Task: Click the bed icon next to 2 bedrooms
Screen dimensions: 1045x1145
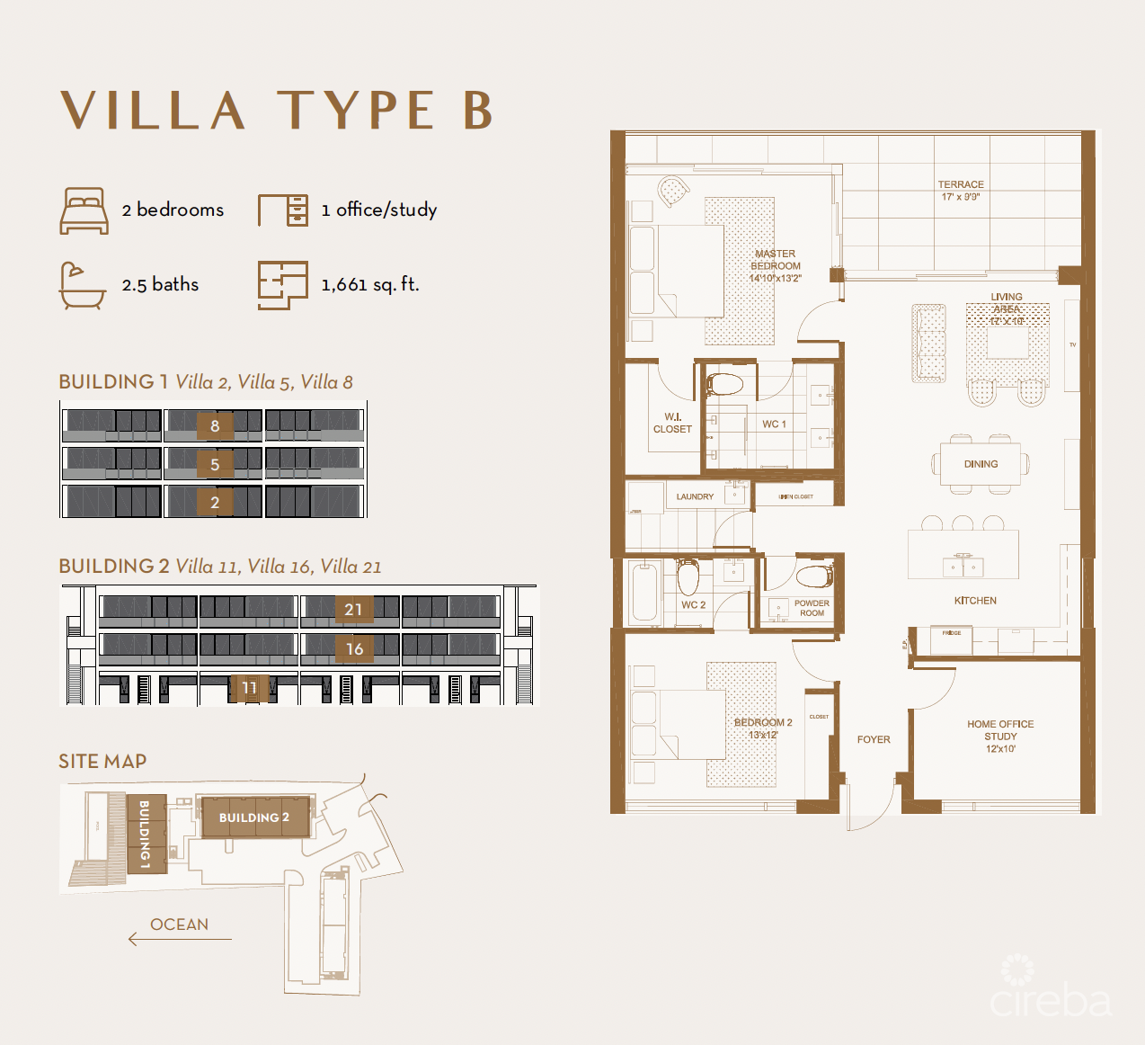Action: pos(84,210)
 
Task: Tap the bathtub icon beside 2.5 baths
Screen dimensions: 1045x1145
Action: pos(82,285)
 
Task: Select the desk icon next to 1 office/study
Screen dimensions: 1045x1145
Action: pos(283,210)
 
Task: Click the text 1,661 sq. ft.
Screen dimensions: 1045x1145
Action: pos(370,285)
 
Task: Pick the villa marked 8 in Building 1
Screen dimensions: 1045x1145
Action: pos(215,425)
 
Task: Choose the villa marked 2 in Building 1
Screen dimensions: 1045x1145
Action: pos(215,502)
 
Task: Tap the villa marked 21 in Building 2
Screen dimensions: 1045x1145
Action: pos(353,610)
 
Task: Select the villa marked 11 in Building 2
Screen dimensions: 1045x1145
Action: pos(249,688)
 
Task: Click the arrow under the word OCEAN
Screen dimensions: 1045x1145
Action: pos(180,940)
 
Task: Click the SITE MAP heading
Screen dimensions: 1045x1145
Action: pos(102,762)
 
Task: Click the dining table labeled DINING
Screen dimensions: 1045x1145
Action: pos(981,464)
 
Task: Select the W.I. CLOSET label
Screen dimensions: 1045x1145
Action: pos(672,423)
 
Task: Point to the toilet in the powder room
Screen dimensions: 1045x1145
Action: pos(814,576)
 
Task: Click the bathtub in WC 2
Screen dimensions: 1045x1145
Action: pos(644,591)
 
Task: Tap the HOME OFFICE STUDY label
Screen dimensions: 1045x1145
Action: pos(1000,736)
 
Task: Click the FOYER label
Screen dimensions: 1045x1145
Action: pos(874,739)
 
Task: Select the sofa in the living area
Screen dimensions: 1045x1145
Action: pos(928,343)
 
